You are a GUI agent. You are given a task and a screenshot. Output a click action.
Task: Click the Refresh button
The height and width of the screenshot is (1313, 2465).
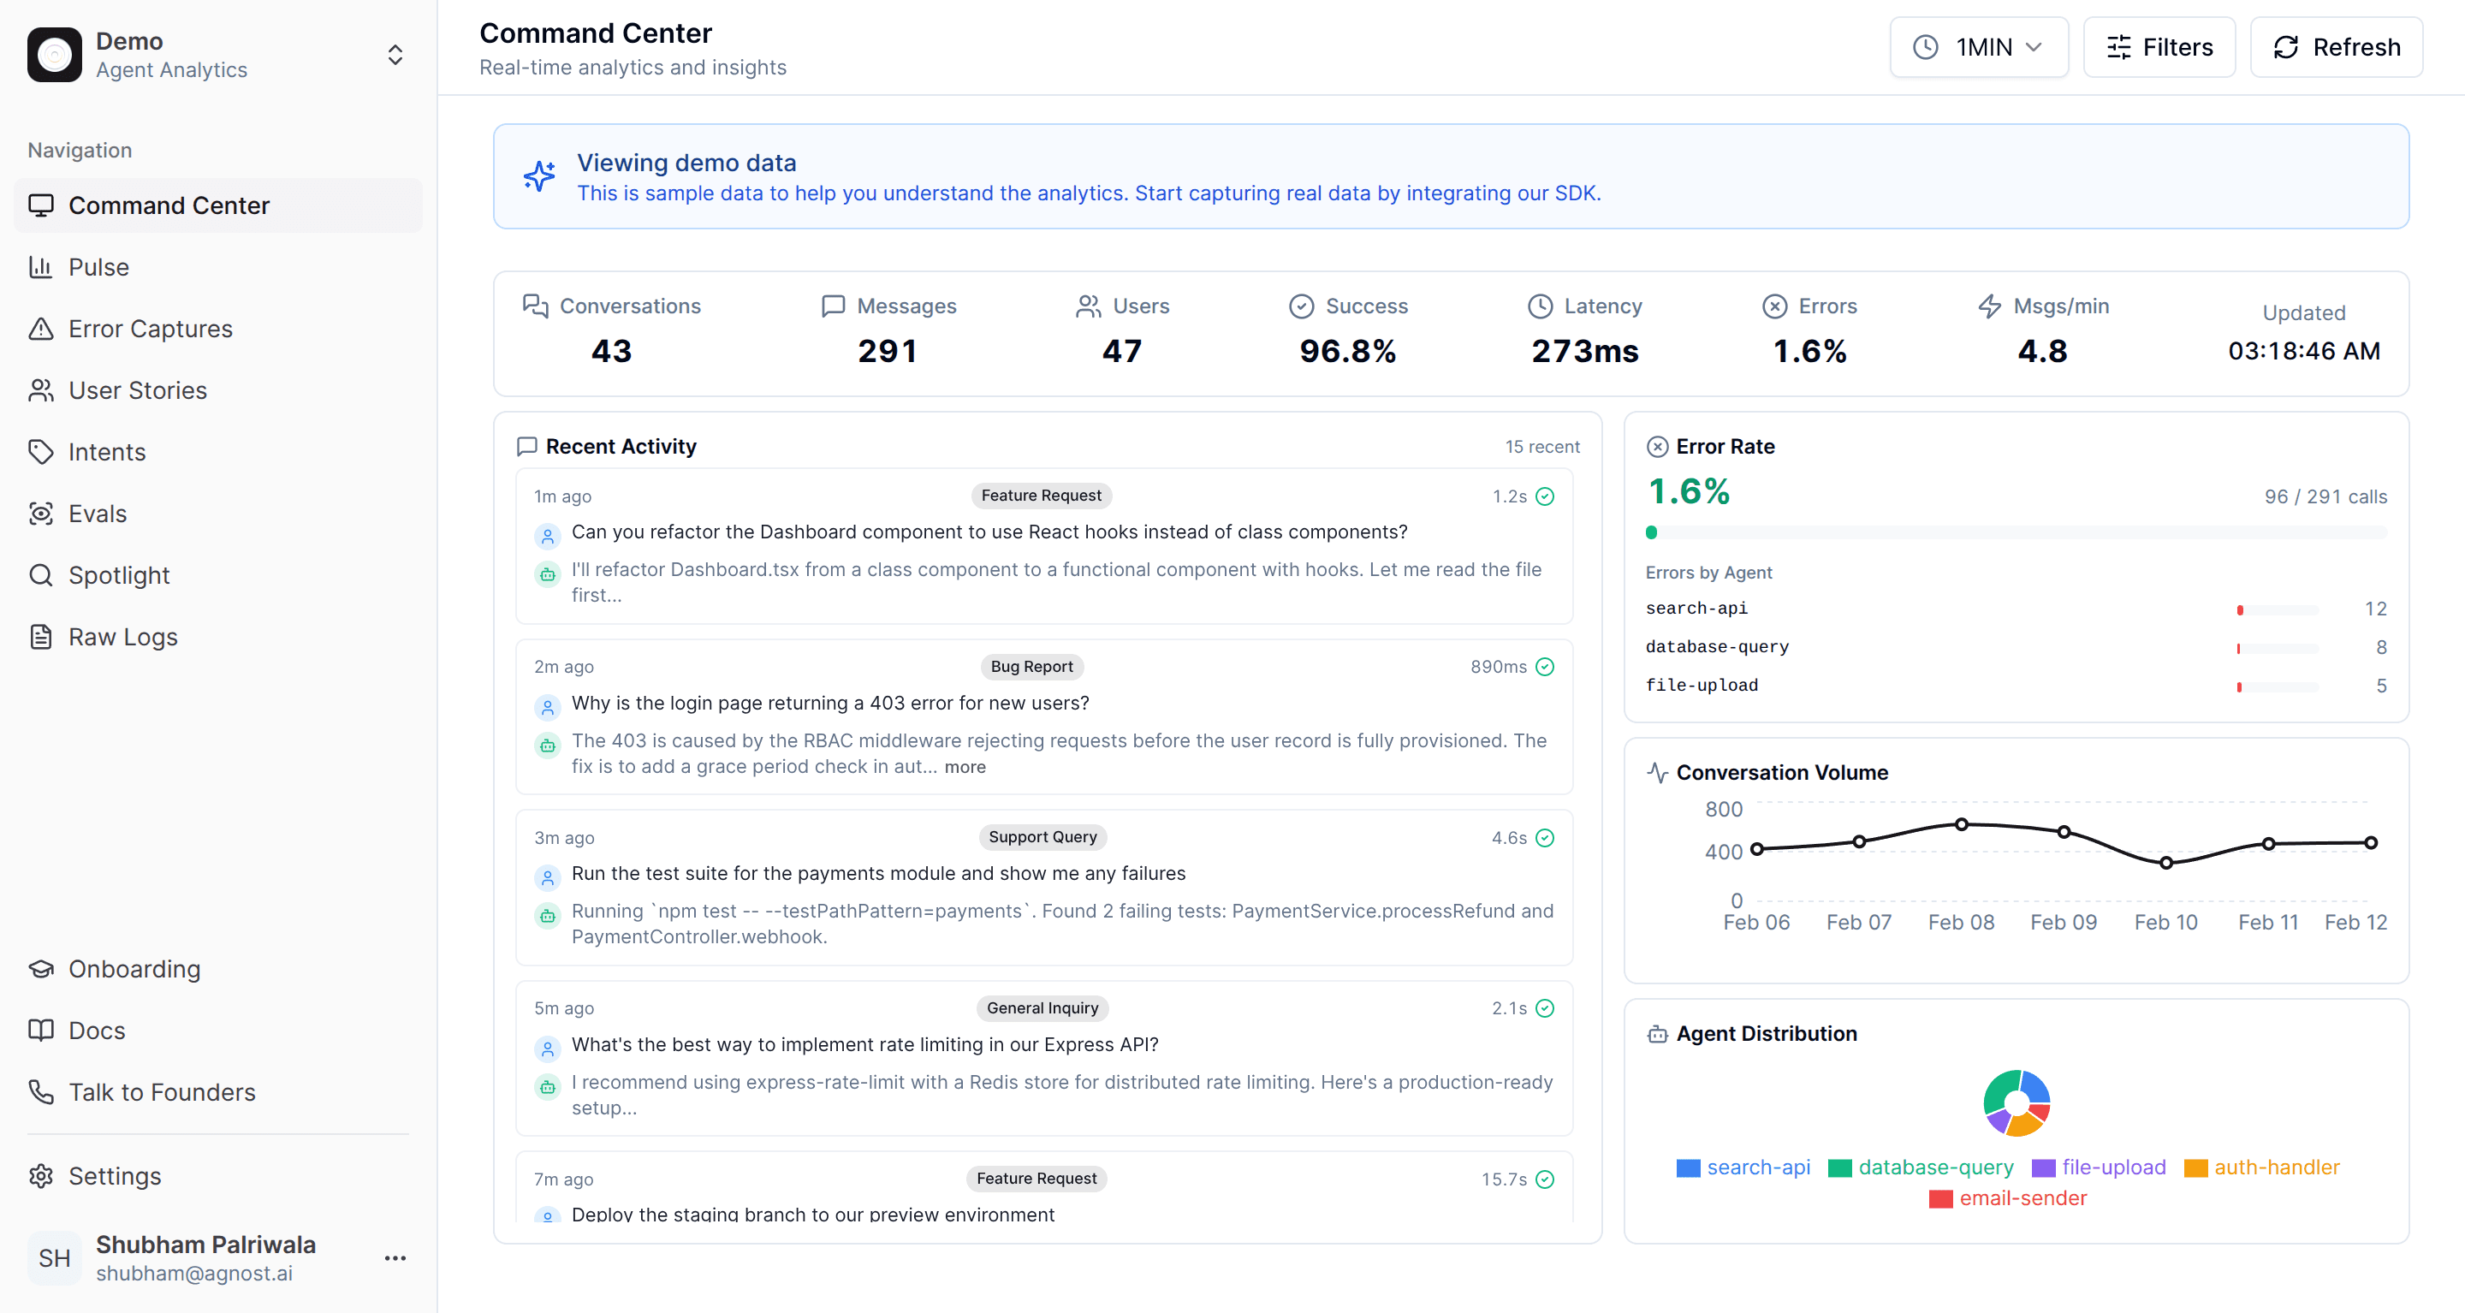(2336, 47)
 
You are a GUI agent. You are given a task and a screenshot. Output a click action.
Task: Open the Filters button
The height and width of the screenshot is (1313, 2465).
(2159, 47)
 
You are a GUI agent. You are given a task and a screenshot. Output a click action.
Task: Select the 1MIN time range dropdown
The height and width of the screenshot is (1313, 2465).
(1978, 47)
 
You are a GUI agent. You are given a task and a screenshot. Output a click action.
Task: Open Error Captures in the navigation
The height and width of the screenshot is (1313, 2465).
(151, 329)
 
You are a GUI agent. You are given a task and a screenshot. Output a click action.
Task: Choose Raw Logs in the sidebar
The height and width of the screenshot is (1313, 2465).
(122, 637)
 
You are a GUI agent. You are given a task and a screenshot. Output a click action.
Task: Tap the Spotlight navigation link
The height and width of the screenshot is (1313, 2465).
(119, 575)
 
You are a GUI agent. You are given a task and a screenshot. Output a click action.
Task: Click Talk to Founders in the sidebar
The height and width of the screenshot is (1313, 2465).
(162, 1092)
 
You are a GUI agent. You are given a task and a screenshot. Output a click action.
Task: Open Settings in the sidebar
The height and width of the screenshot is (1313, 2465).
(115, 1176)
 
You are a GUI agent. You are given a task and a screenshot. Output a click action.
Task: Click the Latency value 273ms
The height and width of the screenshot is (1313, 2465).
(1584, 351)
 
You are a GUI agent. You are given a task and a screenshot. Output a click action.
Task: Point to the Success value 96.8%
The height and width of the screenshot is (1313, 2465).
(1347, 351)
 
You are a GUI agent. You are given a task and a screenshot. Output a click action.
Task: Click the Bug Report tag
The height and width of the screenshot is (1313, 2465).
(1031, 666)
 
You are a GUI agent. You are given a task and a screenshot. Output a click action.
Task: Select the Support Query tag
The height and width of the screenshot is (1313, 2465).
(1042, 837)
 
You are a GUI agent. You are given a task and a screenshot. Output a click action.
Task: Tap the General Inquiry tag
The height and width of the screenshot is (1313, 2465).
(1042, 1007)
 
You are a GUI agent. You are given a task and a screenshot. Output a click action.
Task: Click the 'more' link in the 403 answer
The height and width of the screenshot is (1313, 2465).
(965, 767)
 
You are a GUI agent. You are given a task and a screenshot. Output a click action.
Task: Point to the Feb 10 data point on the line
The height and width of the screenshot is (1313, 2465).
(2166, 862)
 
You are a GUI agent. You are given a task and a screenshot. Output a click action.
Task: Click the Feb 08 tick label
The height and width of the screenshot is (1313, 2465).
(1961, 922)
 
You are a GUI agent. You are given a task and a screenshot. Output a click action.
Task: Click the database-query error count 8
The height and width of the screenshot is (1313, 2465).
(2381, 647)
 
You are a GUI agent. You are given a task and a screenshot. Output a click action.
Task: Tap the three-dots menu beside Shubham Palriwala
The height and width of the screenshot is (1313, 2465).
(395, 1257)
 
